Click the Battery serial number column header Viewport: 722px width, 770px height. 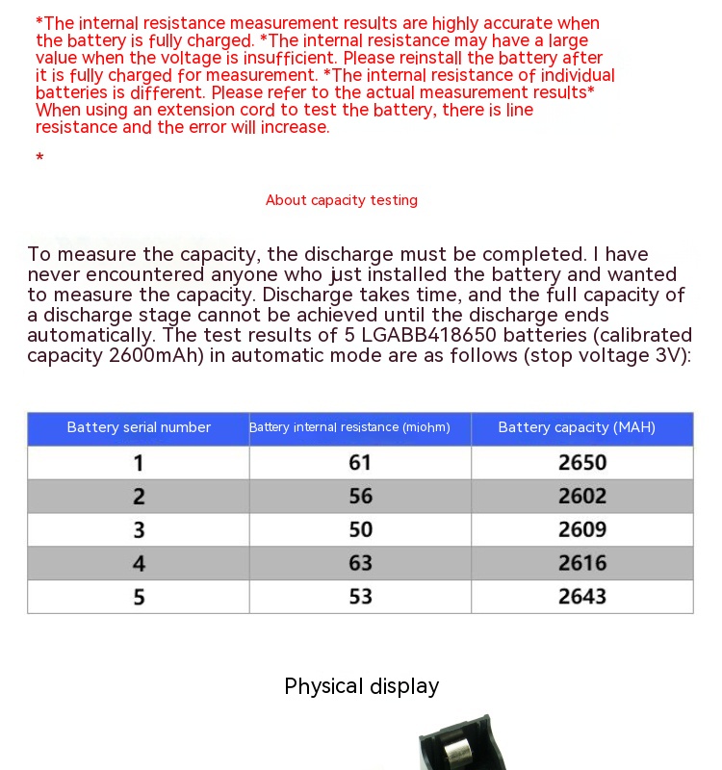coord(139,427)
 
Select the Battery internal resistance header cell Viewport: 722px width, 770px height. coord(349,427)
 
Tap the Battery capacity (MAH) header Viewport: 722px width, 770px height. coord(577,427)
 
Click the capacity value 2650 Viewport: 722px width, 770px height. coord(582,463)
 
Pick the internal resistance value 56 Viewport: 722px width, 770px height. coord(360,497)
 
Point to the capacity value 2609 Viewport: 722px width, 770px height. coord(582,529)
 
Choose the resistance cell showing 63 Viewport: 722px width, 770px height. coord(360,563)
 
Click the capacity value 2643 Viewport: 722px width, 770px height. coord(582,597)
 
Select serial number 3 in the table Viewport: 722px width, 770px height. coord(139,529)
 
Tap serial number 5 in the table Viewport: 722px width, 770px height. coord(139,597)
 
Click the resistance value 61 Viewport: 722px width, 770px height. coord(360,463)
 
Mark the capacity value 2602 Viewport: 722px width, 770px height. coord(582,497)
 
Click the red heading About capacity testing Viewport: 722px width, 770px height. coord(342,200)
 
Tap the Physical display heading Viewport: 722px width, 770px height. coord(362,686)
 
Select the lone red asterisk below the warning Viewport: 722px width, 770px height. coord(39,158)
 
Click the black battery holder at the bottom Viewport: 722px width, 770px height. coord(457,746)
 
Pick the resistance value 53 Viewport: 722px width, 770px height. coord(360,597)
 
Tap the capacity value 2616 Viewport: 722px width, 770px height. coord(582,563)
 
